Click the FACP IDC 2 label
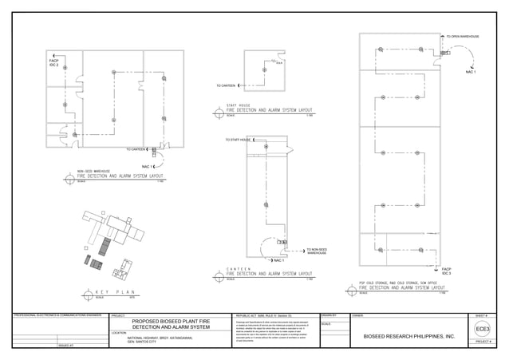click(54, 63)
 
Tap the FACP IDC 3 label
click(446, 271)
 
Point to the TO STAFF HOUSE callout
click(238, 140)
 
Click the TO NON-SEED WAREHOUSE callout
click(317, 251)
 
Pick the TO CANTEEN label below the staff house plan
click(227, 85)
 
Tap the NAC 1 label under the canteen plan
click(278, 260)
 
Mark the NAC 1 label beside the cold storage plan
click(470, 73)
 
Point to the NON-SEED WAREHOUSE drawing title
click(119, 175)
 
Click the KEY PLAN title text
click(117, 294)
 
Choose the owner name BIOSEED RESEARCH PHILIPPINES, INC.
click(408, 337)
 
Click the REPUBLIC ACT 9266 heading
click(264, 316)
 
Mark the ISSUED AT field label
click(66, 345)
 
